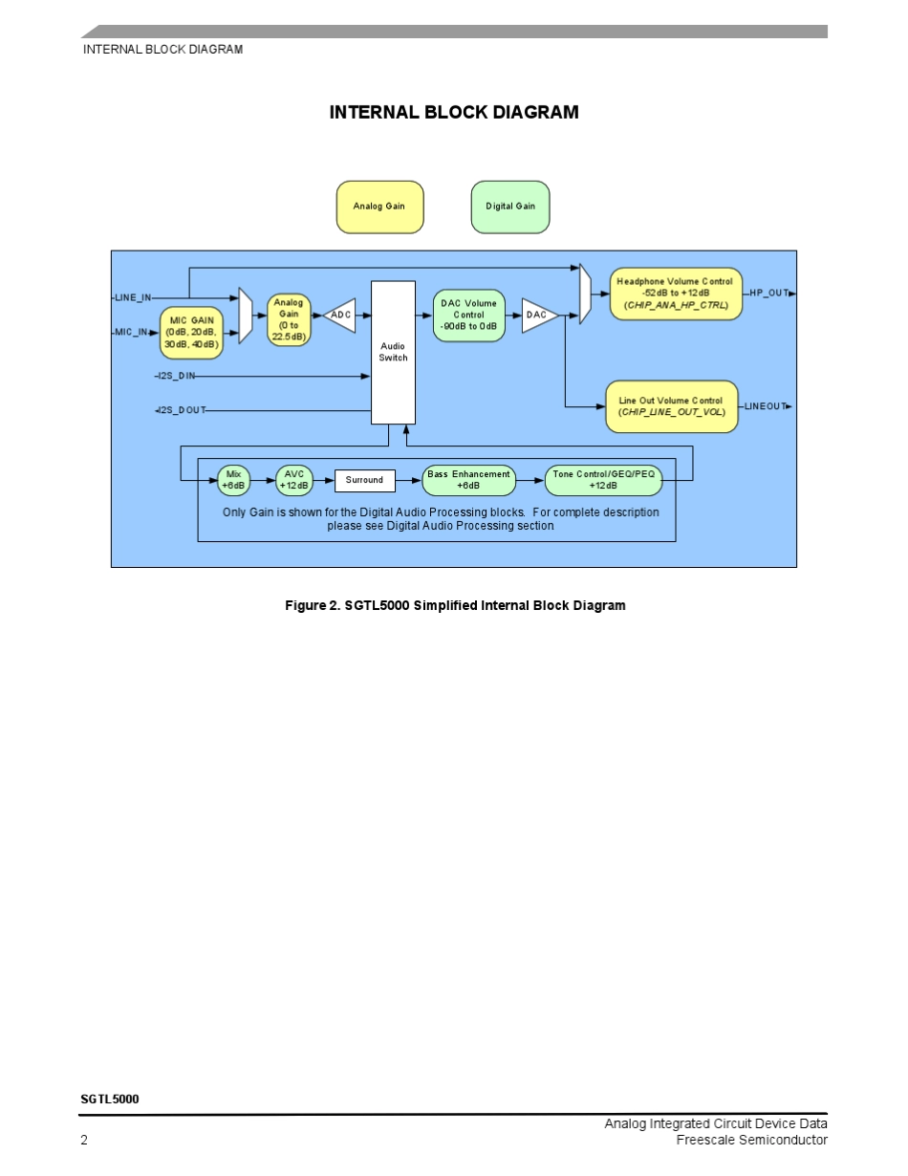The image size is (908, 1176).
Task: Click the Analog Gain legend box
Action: pos(379,207)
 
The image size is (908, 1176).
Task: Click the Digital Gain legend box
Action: pos(510,207)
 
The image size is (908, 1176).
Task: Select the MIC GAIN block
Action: pos(191,333)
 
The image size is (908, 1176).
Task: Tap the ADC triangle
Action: pos(339,315)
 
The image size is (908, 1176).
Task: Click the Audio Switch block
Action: pos(393,352)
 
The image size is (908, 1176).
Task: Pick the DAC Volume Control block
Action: pos(468,315)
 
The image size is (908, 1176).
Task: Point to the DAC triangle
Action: pos(538,315)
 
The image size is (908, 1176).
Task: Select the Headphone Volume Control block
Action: pos(675,294)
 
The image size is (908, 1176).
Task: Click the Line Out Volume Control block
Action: pos(671,406)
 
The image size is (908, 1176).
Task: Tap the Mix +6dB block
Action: pos(233,480)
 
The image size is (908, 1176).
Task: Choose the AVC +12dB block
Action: pos(294,480)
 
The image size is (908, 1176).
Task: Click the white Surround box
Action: pos(364,480)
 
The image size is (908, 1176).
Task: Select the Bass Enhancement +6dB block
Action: pos(468,480)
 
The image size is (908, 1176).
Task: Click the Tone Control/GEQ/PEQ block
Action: pos(603,480)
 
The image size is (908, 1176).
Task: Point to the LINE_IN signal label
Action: pos(133,297)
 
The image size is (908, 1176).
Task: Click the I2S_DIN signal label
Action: pos(177,376)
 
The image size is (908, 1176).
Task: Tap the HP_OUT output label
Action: pos(768,293)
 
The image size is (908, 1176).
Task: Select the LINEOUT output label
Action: pos(765,406)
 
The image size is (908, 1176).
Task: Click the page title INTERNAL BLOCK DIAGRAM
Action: pos(454,113)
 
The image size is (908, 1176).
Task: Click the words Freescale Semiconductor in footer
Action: pos(751,1140)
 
